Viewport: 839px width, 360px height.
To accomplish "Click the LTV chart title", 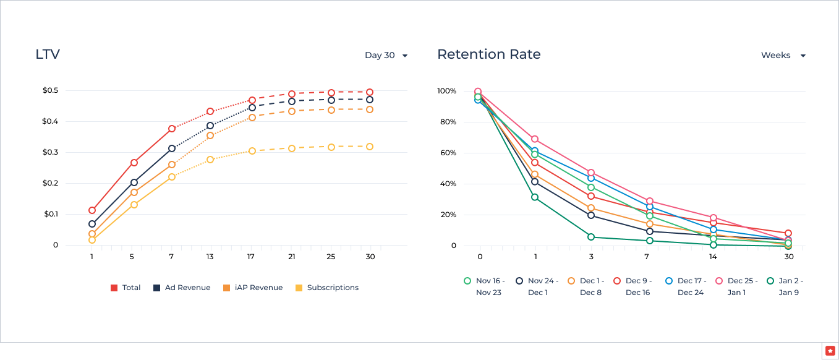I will pos(48,54).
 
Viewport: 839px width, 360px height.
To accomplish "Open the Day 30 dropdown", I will pos(386,55).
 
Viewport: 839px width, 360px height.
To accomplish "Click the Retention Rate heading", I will pos(488,54).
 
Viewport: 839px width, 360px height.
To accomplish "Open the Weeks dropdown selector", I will pos(783,55).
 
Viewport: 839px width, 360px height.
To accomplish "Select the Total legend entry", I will pos(126,288).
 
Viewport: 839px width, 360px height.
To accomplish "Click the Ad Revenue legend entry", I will pos(182,288).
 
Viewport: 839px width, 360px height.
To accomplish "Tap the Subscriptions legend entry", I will pos(327,288).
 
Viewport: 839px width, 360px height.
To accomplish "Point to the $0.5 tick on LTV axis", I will pos(50,91).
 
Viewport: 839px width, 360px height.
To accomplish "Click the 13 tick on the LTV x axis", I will pos(210,257).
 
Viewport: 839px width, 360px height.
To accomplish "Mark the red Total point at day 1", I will pos(92,210).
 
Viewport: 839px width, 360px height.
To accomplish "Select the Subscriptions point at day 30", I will pos(370,147).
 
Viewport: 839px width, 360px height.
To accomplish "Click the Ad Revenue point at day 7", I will pos(172,148).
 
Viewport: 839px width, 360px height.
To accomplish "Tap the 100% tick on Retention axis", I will pos(446,91).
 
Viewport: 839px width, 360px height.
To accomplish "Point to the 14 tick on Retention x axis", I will pos(713,257).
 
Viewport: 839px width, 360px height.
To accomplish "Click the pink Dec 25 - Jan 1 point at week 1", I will pos(535,139).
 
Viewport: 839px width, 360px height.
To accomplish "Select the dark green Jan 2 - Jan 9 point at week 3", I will pos(591,237).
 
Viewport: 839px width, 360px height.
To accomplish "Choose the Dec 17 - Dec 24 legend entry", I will pos(684,286).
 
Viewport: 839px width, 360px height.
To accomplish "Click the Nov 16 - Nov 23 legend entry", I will pos(483,286).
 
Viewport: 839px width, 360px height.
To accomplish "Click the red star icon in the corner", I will pos(830,351).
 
